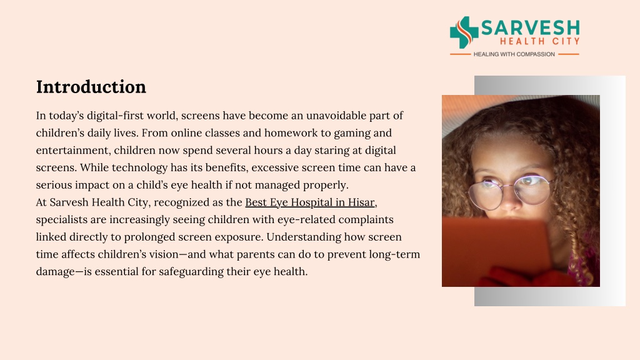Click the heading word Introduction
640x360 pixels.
click(x=91, y=87)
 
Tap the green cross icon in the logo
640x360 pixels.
click(x=464, y=32)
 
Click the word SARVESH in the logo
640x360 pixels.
click(x=531, y=27)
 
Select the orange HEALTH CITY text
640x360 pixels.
click(x=539, y=41)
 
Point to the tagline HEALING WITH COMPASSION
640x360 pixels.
click(x=514, y=54)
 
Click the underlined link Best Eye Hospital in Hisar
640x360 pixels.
click(x=310, y=202)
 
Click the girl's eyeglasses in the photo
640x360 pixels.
click(x=510, y=191)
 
